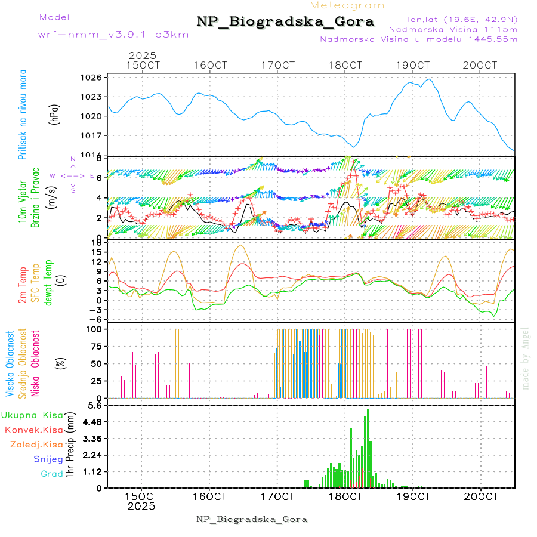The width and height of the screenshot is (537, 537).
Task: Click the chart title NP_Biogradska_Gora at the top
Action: (285, 22)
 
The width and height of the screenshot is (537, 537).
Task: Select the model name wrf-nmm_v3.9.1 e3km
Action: (113, 35)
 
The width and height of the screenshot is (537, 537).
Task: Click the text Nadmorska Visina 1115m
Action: (453, 29)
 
